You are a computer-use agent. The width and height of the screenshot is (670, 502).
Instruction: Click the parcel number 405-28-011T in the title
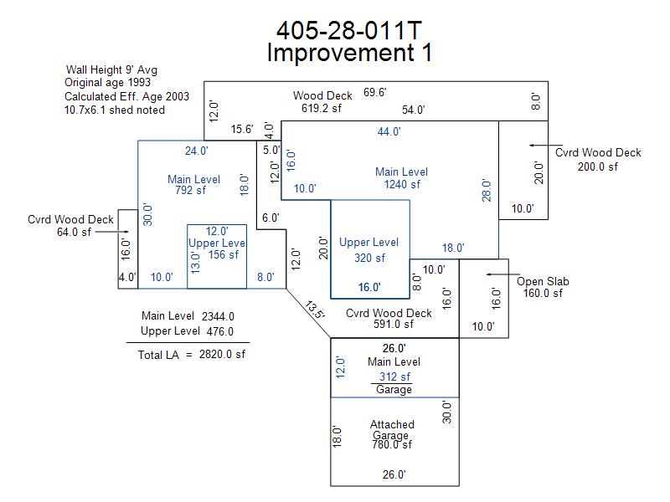point(348,31)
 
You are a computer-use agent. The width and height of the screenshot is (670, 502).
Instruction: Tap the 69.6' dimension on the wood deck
point(374,92)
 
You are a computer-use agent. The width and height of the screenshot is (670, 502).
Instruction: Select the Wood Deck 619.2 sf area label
point(322,101)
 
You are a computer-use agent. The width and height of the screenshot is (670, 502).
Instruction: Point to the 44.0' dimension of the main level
point(389,131)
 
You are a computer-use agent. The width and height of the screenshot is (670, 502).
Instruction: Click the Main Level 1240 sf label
point(402,178)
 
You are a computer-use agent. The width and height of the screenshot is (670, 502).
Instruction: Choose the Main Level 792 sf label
point(193,184)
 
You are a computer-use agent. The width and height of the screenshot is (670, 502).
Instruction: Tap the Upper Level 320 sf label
point(368,249)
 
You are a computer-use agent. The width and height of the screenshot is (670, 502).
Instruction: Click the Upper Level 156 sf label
point(217,248)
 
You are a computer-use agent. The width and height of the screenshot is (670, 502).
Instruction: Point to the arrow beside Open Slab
point(503,274)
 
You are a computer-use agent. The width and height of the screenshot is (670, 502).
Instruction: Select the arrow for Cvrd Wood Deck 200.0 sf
point(546,146)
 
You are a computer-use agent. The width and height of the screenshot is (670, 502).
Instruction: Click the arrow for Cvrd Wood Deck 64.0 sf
point(111,232)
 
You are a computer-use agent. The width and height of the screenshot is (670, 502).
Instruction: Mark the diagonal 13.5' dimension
point(315,310)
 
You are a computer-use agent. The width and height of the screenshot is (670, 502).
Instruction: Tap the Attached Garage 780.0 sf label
point(392,434)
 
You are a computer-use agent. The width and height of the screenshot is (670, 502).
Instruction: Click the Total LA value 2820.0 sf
point(222,354)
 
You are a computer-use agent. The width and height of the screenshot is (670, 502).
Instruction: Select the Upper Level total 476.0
point(219,331)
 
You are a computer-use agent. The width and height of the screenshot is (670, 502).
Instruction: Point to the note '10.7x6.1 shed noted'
point(115,110)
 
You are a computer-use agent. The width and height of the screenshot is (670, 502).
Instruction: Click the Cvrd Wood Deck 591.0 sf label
point(389,319)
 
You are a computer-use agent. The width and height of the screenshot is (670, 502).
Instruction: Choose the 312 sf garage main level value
point(394,376)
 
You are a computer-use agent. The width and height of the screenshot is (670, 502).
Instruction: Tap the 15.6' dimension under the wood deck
point(242,129)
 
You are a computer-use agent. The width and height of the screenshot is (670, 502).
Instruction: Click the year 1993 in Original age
point(139,82)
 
